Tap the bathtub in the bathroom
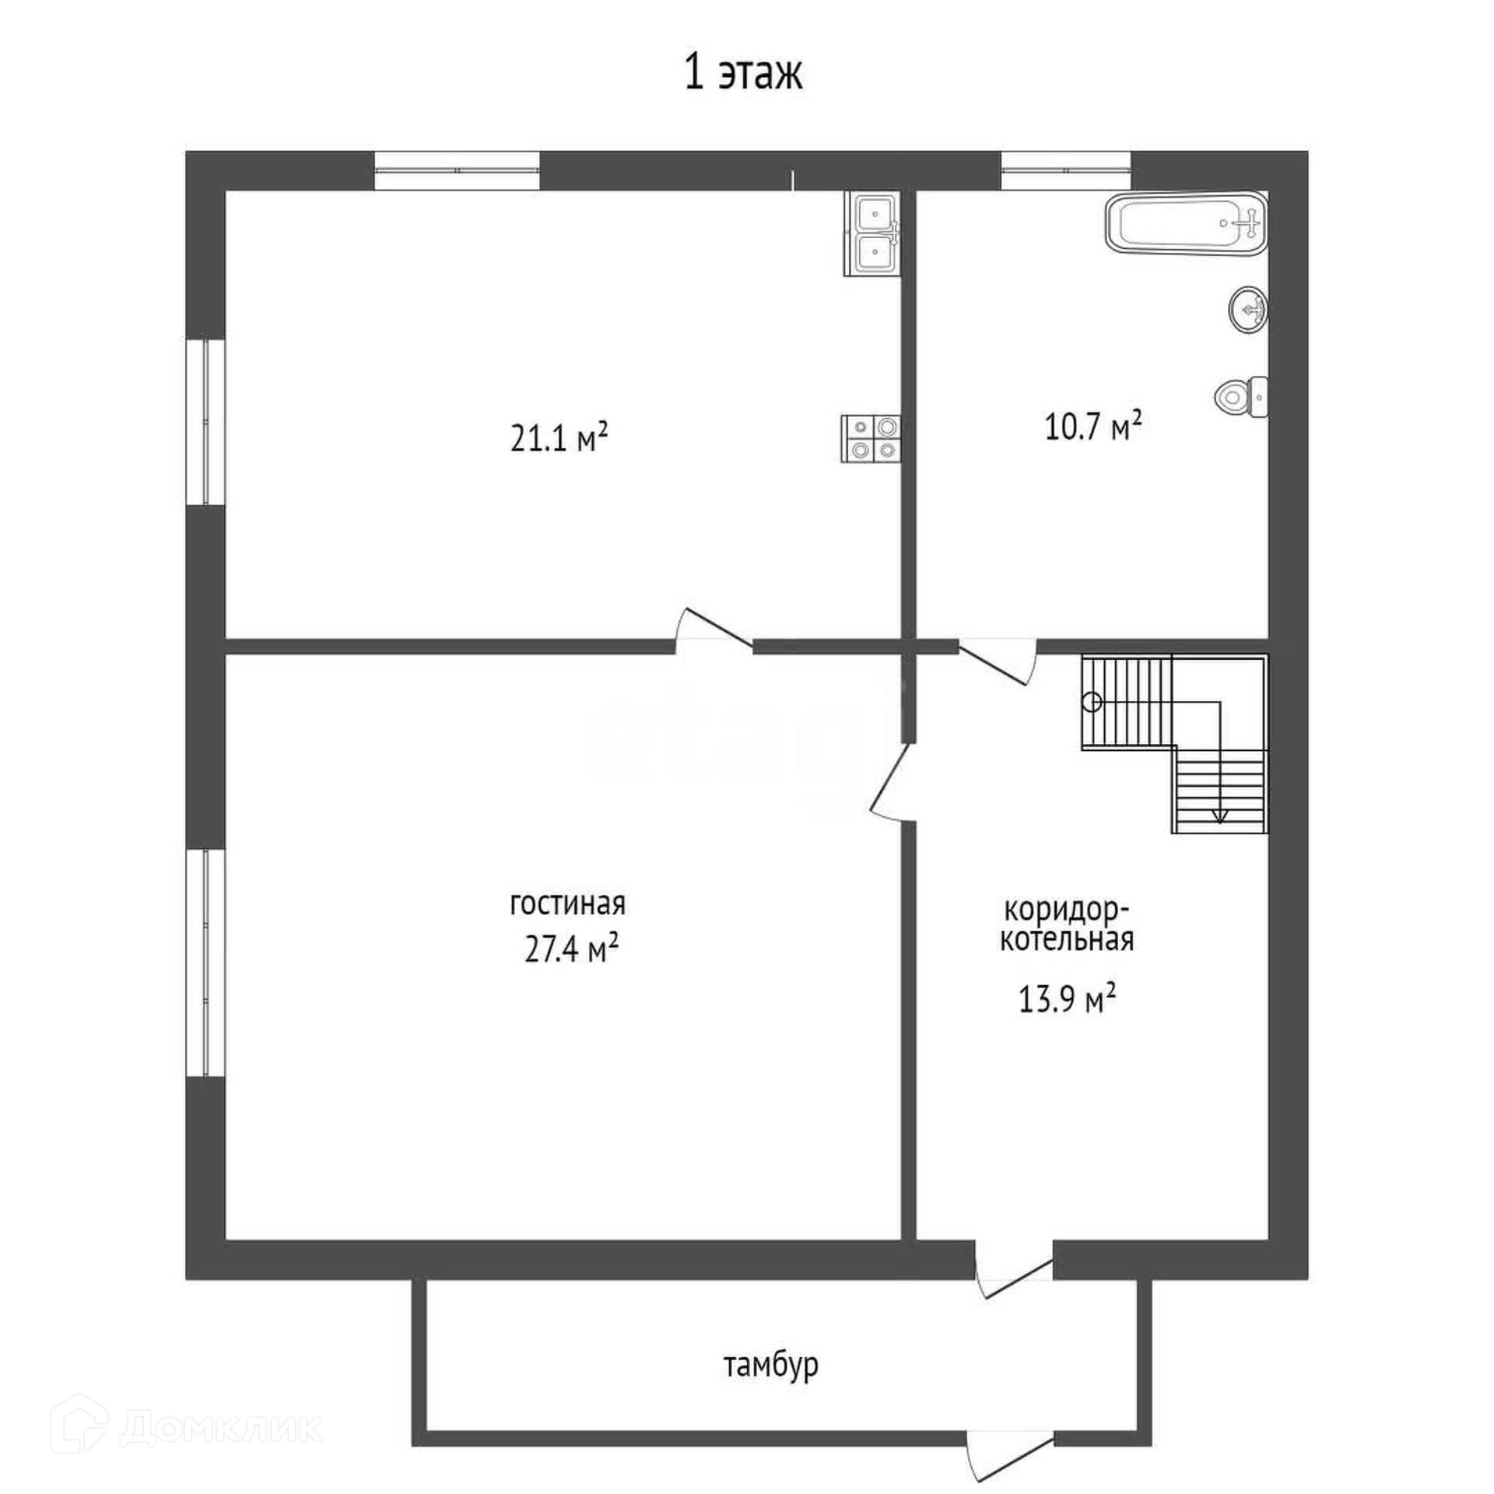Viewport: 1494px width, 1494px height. point(1186,223)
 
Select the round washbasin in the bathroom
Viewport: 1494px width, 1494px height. point(1248,310)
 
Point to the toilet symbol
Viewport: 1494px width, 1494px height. point(1240,397)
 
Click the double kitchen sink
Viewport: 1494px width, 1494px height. point(872,233)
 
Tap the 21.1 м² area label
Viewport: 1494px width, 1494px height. point(559,437)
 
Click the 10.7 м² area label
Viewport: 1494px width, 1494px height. point(1092,426)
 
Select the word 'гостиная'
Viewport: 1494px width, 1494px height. point(567,904)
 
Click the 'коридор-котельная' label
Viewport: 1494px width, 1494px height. point(1067,924)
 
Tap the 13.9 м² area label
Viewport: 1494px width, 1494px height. point(1068,998)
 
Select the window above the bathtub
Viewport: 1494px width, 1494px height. point(1065,170)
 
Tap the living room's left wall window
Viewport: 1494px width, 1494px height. point(205,963)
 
